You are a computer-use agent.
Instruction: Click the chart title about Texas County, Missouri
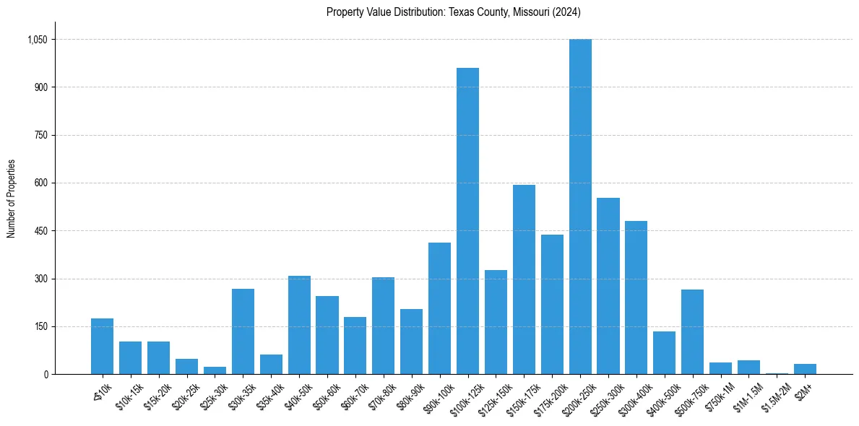coord(453,12)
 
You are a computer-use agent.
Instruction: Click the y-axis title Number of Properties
coord(12,199)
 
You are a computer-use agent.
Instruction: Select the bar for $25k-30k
coord(215,370)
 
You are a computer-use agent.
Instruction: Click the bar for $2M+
coord(805,369)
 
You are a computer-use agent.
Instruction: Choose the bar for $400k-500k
coord(664,353)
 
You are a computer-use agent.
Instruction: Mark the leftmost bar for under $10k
coord(102,347)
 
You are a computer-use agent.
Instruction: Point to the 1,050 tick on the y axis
coord(37,40)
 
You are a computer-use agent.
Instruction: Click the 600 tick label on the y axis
coord(40,183)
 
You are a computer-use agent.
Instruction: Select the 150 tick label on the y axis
coord(40,327)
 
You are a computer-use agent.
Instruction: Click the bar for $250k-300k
coord(608,286)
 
